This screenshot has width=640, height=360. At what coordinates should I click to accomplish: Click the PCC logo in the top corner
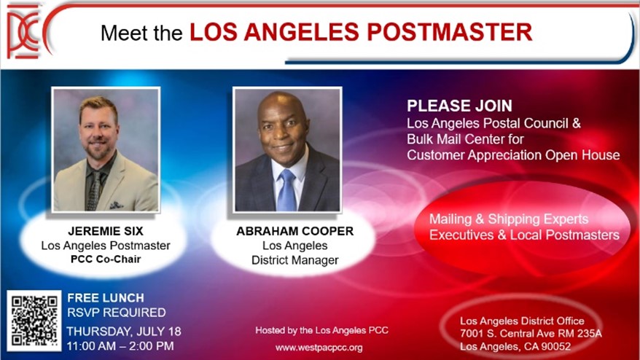click(25, 33)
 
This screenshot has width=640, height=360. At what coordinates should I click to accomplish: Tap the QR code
click(34, 321)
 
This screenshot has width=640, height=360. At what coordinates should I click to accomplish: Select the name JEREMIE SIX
click(105, 231)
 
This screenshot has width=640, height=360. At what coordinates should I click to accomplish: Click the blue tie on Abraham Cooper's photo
click(287, 190)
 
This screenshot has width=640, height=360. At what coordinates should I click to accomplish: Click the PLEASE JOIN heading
click(459, 106)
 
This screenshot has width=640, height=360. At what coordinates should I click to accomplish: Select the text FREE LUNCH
click(106, 298)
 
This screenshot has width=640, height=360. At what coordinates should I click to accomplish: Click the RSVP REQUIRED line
click(117, 313)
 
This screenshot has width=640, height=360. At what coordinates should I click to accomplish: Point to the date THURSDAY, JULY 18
click(124, 331)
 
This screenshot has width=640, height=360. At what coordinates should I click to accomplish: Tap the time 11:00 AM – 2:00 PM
click(121, 346)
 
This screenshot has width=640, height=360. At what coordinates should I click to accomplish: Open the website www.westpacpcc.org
click(319, 348)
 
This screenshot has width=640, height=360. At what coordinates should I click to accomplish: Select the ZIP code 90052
click(554, 346)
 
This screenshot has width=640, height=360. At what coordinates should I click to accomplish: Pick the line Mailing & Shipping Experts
click(509, 219)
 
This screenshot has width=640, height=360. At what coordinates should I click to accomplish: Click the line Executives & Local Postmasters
click(524, 235)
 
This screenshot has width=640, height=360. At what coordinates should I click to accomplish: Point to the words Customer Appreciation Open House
click(513, 154)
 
